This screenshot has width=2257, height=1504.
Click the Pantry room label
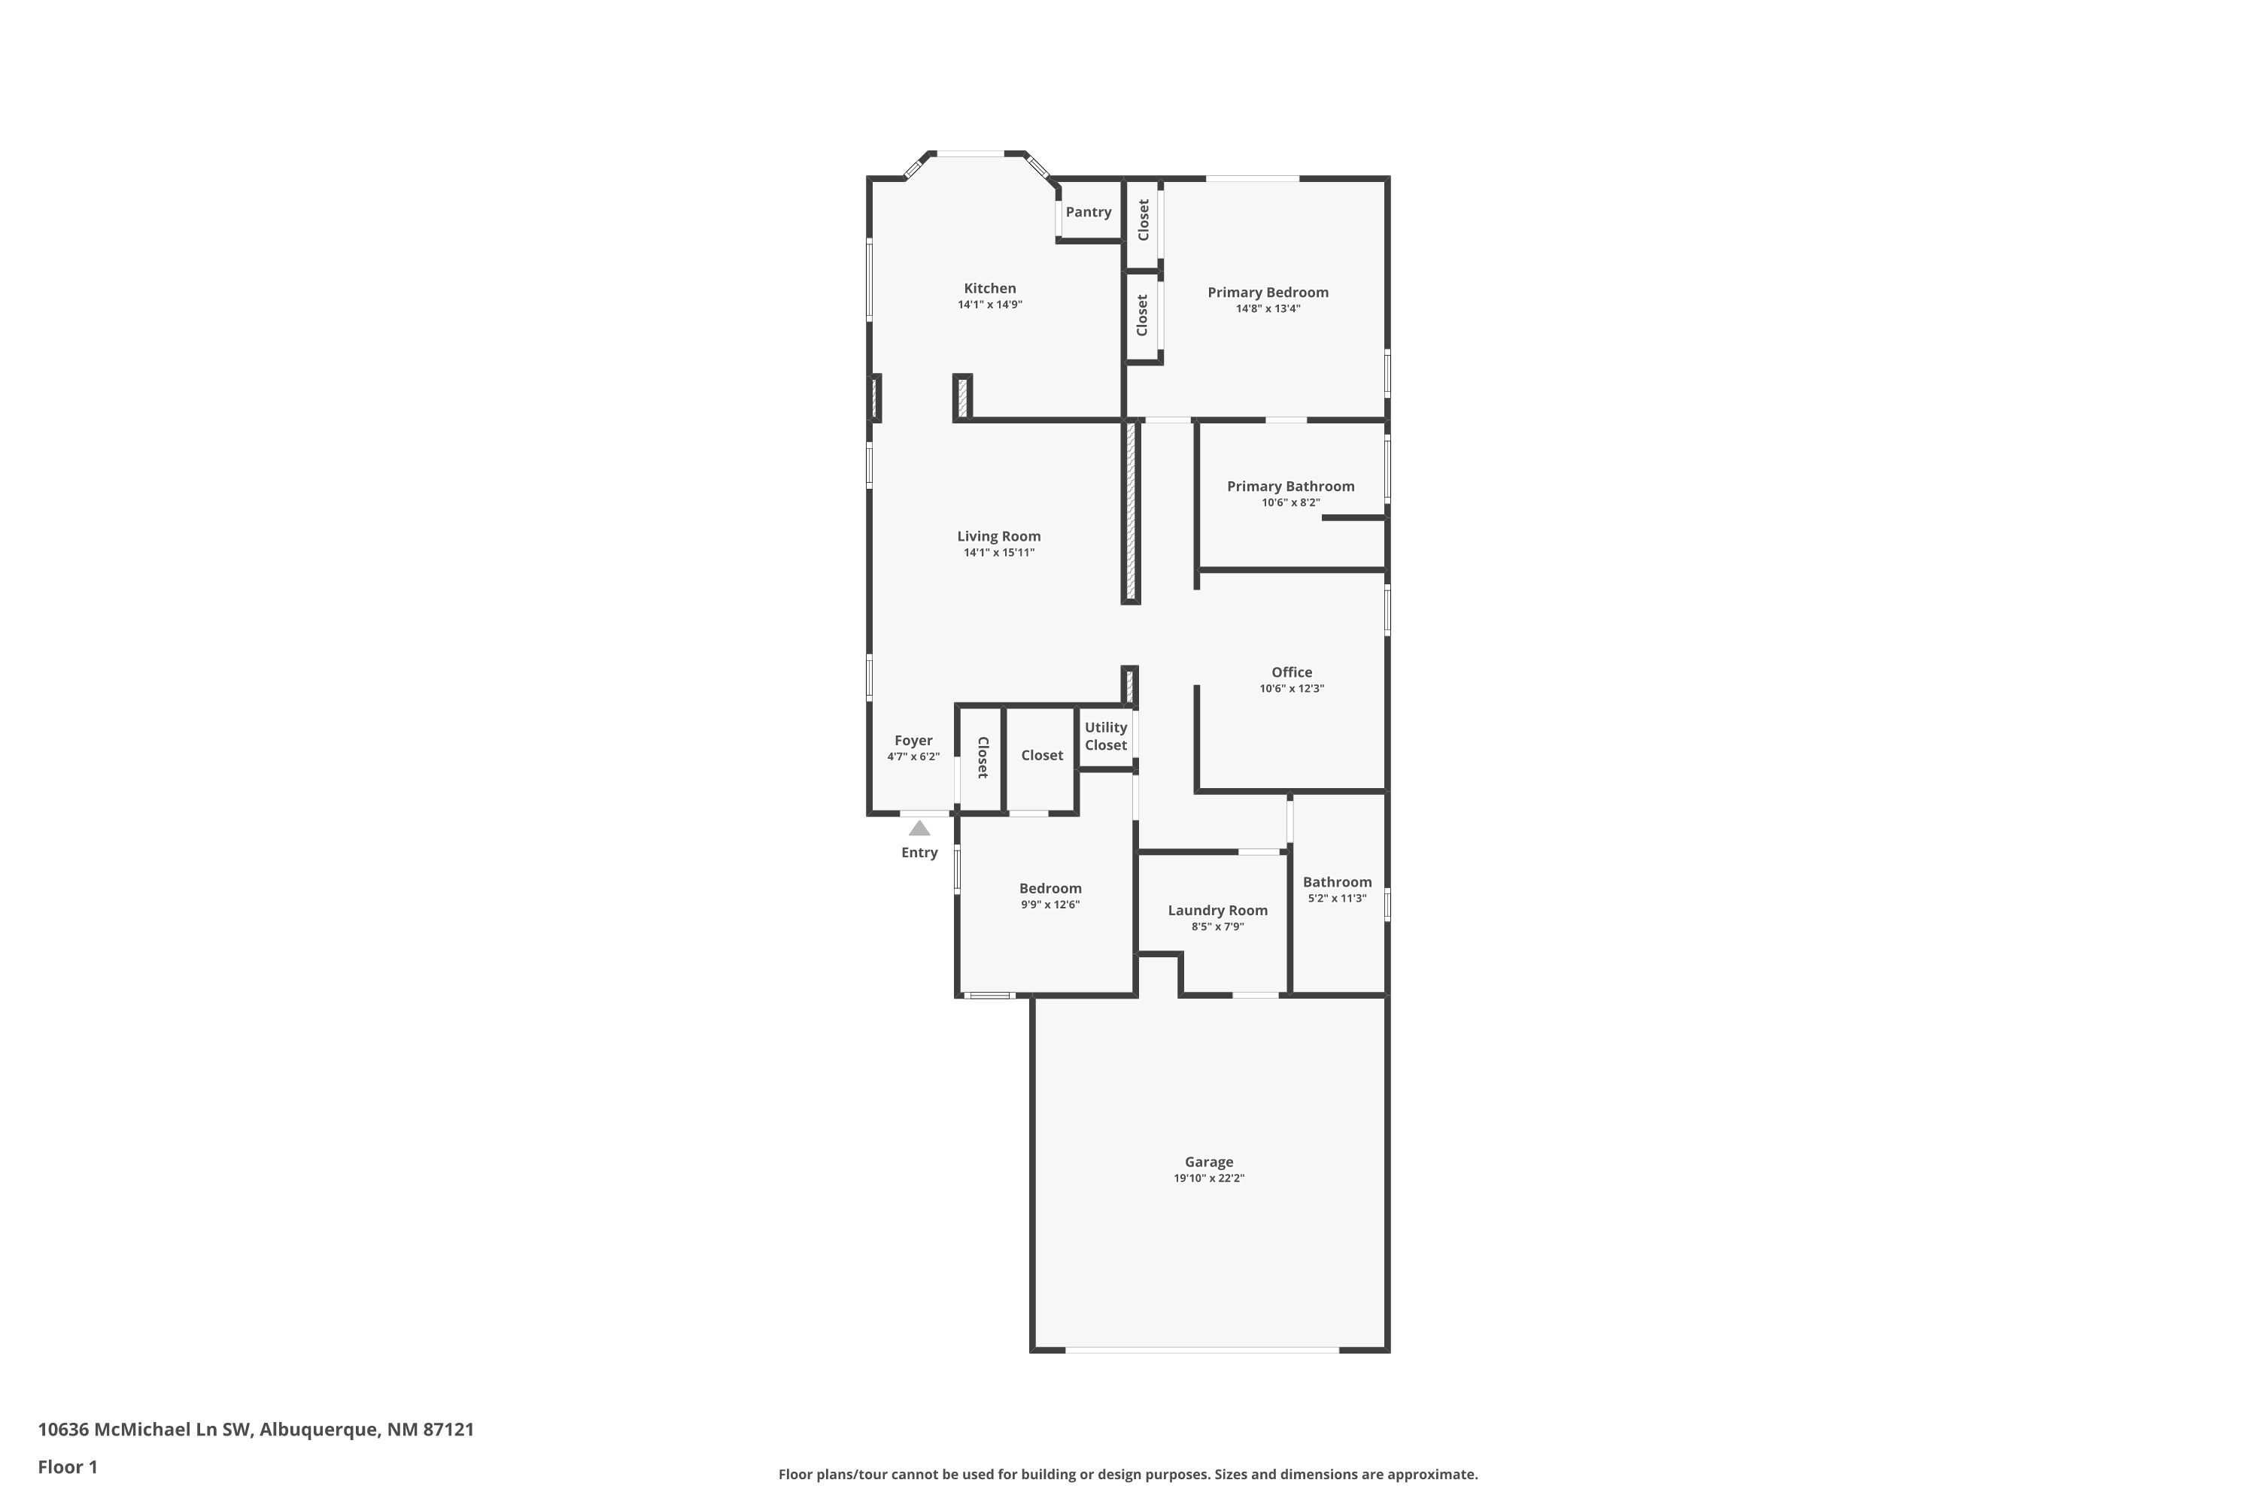click(x=1088, y=212)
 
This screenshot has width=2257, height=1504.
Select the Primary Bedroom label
click(x=1268, y=293)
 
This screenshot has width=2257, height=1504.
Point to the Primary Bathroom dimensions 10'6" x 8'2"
click(x=1291, y=502)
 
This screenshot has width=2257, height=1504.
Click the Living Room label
click(x=998, y=536)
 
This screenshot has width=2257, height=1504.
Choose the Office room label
click(x=1292, y=672)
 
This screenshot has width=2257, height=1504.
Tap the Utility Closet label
click(x=1105, y=735)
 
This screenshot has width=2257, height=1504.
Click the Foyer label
click(x=913, y=741)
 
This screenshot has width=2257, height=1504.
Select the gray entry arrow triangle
click(x=919, y=829)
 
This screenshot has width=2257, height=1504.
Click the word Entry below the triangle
click(x=919, y=853)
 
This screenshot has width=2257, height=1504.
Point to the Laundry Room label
click(x=1217, y=910)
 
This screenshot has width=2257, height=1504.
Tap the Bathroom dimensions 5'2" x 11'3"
click(x=1337, y=899)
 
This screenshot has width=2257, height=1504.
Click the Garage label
click(x=1208, y=1162)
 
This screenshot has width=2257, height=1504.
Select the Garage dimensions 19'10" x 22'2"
click(x=1208, y=1178)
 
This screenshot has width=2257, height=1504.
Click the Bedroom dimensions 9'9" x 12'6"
click(x=1050, y=905)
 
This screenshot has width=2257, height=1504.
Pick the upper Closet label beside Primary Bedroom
click(x=1143, y=220)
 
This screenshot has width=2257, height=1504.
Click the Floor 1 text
click(x=67, y=1466)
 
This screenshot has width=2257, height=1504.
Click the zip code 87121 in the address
click(x=448, y=1430)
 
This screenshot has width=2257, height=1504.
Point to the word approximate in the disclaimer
click(x=1431, y=1474)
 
